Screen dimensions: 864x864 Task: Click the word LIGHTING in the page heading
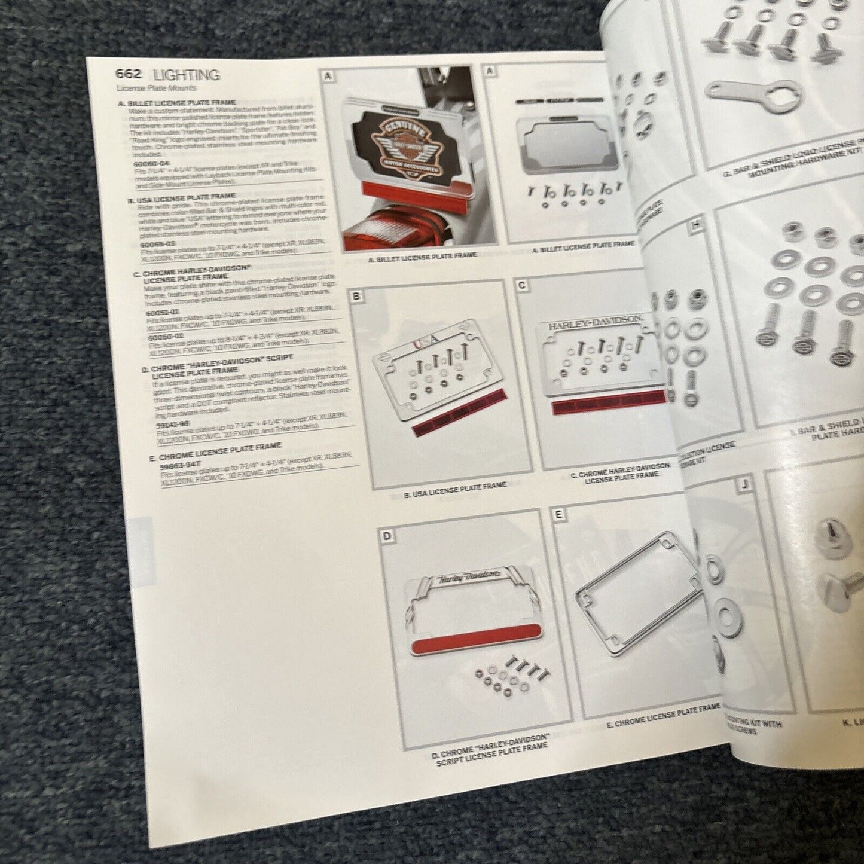point(187,75)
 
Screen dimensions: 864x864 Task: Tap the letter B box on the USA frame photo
point(356,295)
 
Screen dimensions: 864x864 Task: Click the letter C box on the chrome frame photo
point(522,286)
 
